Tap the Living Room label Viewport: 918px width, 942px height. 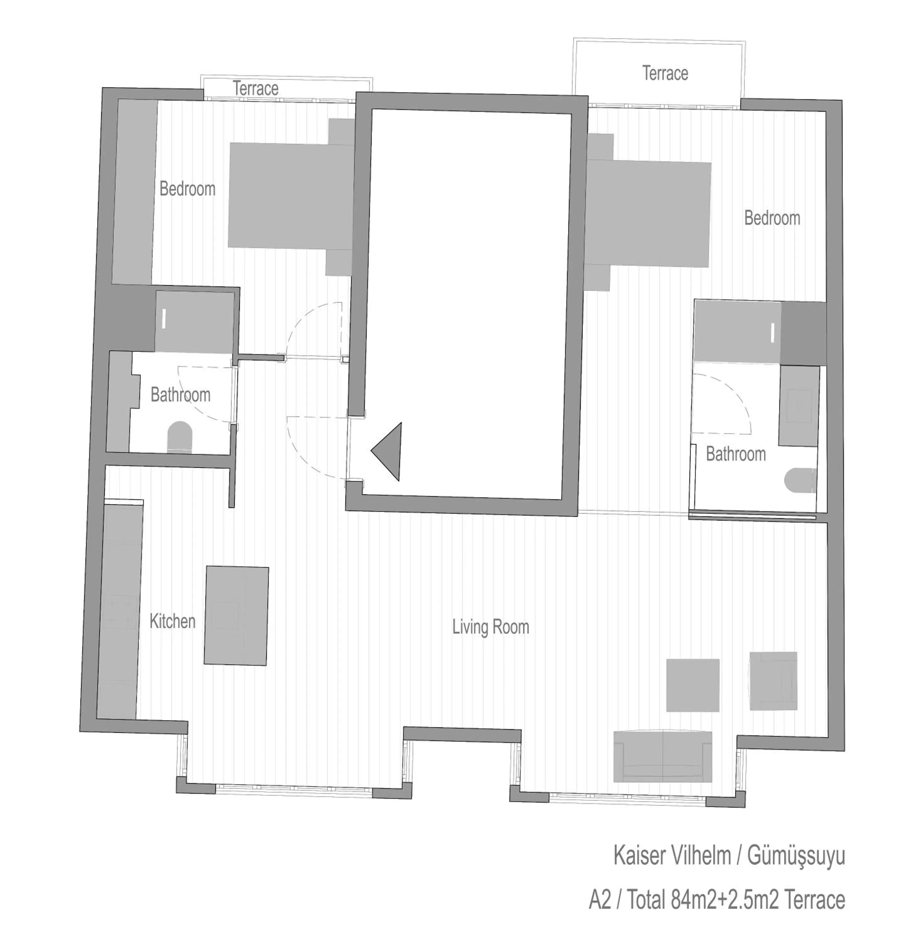[490, 627]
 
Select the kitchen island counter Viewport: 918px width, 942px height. [236, 616]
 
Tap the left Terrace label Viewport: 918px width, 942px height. [256, 89]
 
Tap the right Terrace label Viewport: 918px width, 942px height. [665, 73]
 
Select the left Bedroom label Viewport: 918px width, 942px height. [187, 188]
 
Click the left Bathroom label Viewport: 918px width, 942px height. [180, 395]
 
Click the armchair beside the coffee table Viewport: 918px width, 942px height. [773, 681]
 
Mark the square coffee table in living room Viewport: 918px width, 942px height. [692, 685]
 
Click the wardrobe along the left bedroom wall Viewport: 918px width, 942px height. [134, 192]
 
